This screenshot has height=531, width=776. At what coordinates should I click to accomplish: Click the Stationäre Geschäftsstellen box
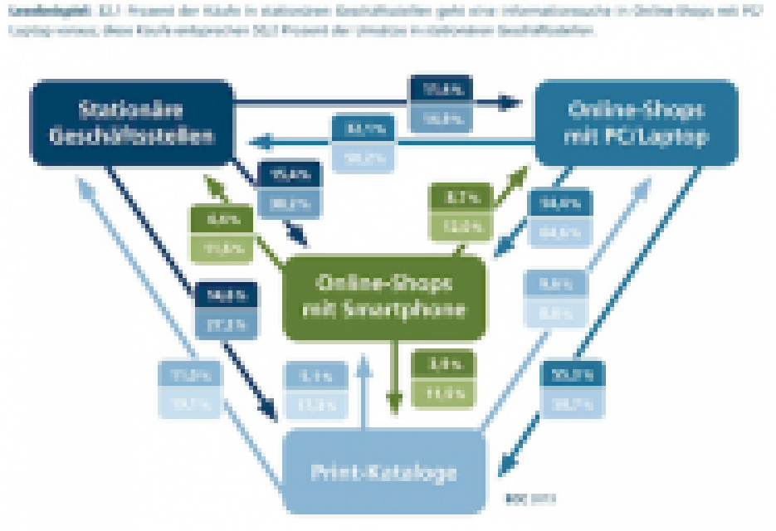coord(131,123)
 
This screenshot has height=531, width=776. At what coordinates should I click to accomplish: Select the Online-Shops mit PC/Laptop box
coord(636,123)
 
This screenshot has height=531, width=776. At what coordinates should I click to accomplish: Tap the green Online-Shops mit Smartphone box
coord(383,296)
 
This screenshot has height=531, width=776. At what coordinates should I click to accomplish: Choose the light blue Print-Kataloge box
coord(383,471)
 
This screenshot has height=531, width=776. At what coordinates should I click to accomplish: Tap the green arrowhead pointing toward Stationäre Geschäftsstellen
coord(209,180)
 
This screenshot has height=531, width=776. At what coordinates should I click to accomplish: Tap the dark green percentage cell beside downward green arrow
coord(442,363)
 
